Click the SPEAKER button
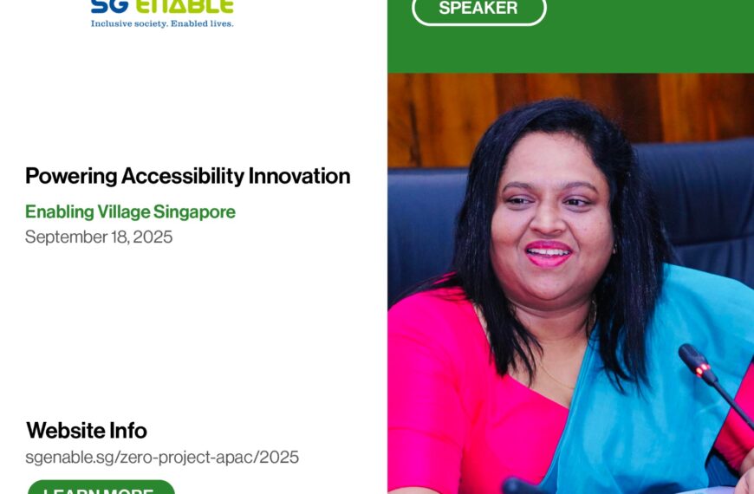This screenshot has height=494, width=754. click(x=478, y=9)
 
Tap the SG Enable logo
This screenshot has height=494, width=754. click(x=162, y=8)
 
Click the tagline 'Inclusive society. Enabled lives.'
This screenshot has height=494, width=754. click(x=162, y=23)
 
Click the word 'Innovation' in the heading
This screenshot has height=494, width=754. click(x=299, y=176)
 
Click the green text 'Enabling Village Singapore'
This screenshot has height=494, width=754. click(x=130, y=211)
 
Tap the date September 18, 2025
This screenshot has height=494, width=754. click(x=99, y=237)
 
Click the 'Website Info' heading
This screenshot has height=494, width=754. click(x=87, y=431)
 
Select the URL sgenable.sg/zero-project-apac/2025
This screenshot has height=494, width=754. click(x=162, y=457)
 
